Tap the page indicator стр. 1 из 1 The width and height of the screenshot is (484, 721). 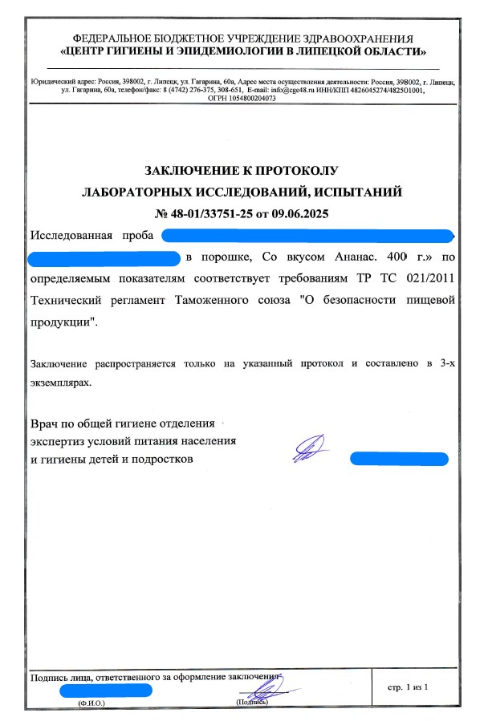point(409,687)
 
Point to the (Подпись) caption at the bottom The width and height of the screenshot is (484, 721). point(251,703)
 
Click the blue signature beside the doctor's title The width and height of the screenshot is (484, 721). point(309,448)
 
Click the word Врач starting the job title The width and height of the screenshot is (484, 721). point(46,423)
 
